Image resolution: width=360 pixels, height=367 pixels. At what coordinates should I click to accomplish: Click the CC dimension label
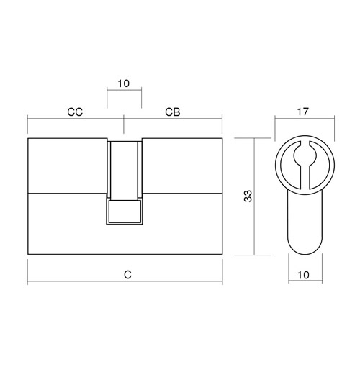pos(75,112)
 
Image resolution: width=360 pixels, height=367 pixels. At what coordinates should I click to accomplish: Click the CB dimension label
pos(173,112)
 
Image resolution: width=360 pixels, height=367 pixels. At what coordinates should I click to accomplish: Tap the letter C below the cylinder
pos(128,275)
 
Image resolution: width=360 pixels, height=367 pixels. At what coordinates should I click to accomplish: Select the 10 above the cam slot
pos(124,83)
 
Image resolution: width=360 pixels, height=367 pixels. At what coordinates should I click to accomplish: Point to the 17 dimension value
pos(302,112)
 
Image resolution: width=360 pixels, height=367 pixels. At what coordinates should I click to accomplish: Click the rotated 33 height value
pos(248,196)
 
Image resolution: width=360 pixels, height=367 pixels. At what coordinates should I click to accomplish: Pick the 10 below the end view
pos(303,275)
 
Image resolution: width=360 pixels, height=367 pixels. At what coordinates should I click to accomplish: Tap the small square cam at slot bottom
pos(124,211)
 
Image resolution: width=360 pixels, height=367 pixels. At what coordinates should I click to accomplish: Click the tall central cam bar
pos(124,171)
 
